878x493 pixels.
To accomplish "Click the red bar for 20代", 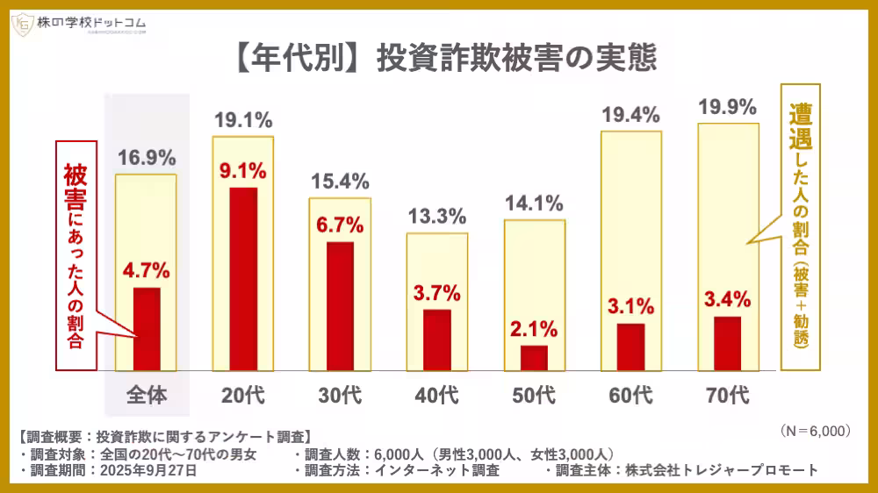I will (243, 278).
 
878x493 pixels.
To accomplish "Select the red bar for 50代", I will (534, 357).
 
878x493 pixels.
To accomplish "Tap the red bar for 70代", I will (728, 343).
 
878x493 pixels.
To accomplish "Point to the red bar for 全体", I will (147, 328).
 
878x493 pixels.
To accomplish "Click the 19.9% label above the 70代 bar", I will (727, 108).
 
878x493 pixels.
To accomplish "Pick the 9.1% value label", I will (243, 170).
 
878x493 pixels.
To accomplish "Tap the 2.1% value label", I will (534, 329).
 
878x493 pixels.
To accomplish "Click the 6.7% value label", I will (340, 225).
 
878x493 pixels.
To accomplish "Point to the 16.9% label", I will (147, 159).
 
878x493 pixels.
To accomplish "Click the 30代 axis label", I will (340, 396).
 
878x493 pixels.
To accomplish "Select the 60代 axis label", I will (630, 396).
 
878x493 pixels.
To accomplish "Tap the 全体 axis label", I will (147, 396).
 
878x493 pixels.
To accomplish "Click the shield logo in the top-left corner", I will (22, 25).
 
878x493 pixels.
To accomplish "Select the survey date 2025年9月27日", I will (148, 470).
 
